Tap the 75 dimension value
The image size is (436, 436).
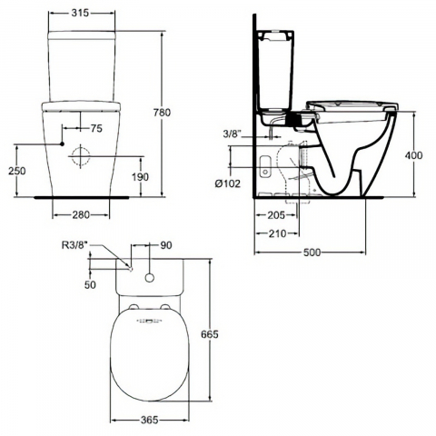pyautogui.click(x=95, y=128)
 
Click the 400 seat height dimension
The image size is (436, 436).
pyautogui.click(x=413, y=155)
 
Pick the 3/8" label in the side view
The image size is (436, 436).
pyautogui.click(x=231, y=136)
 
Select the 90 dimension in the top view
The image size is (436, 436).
pyautogui.click(x=164, y=246)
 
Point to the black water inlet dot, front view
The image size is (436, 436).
pyautogui.click(x=61, y=144)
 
